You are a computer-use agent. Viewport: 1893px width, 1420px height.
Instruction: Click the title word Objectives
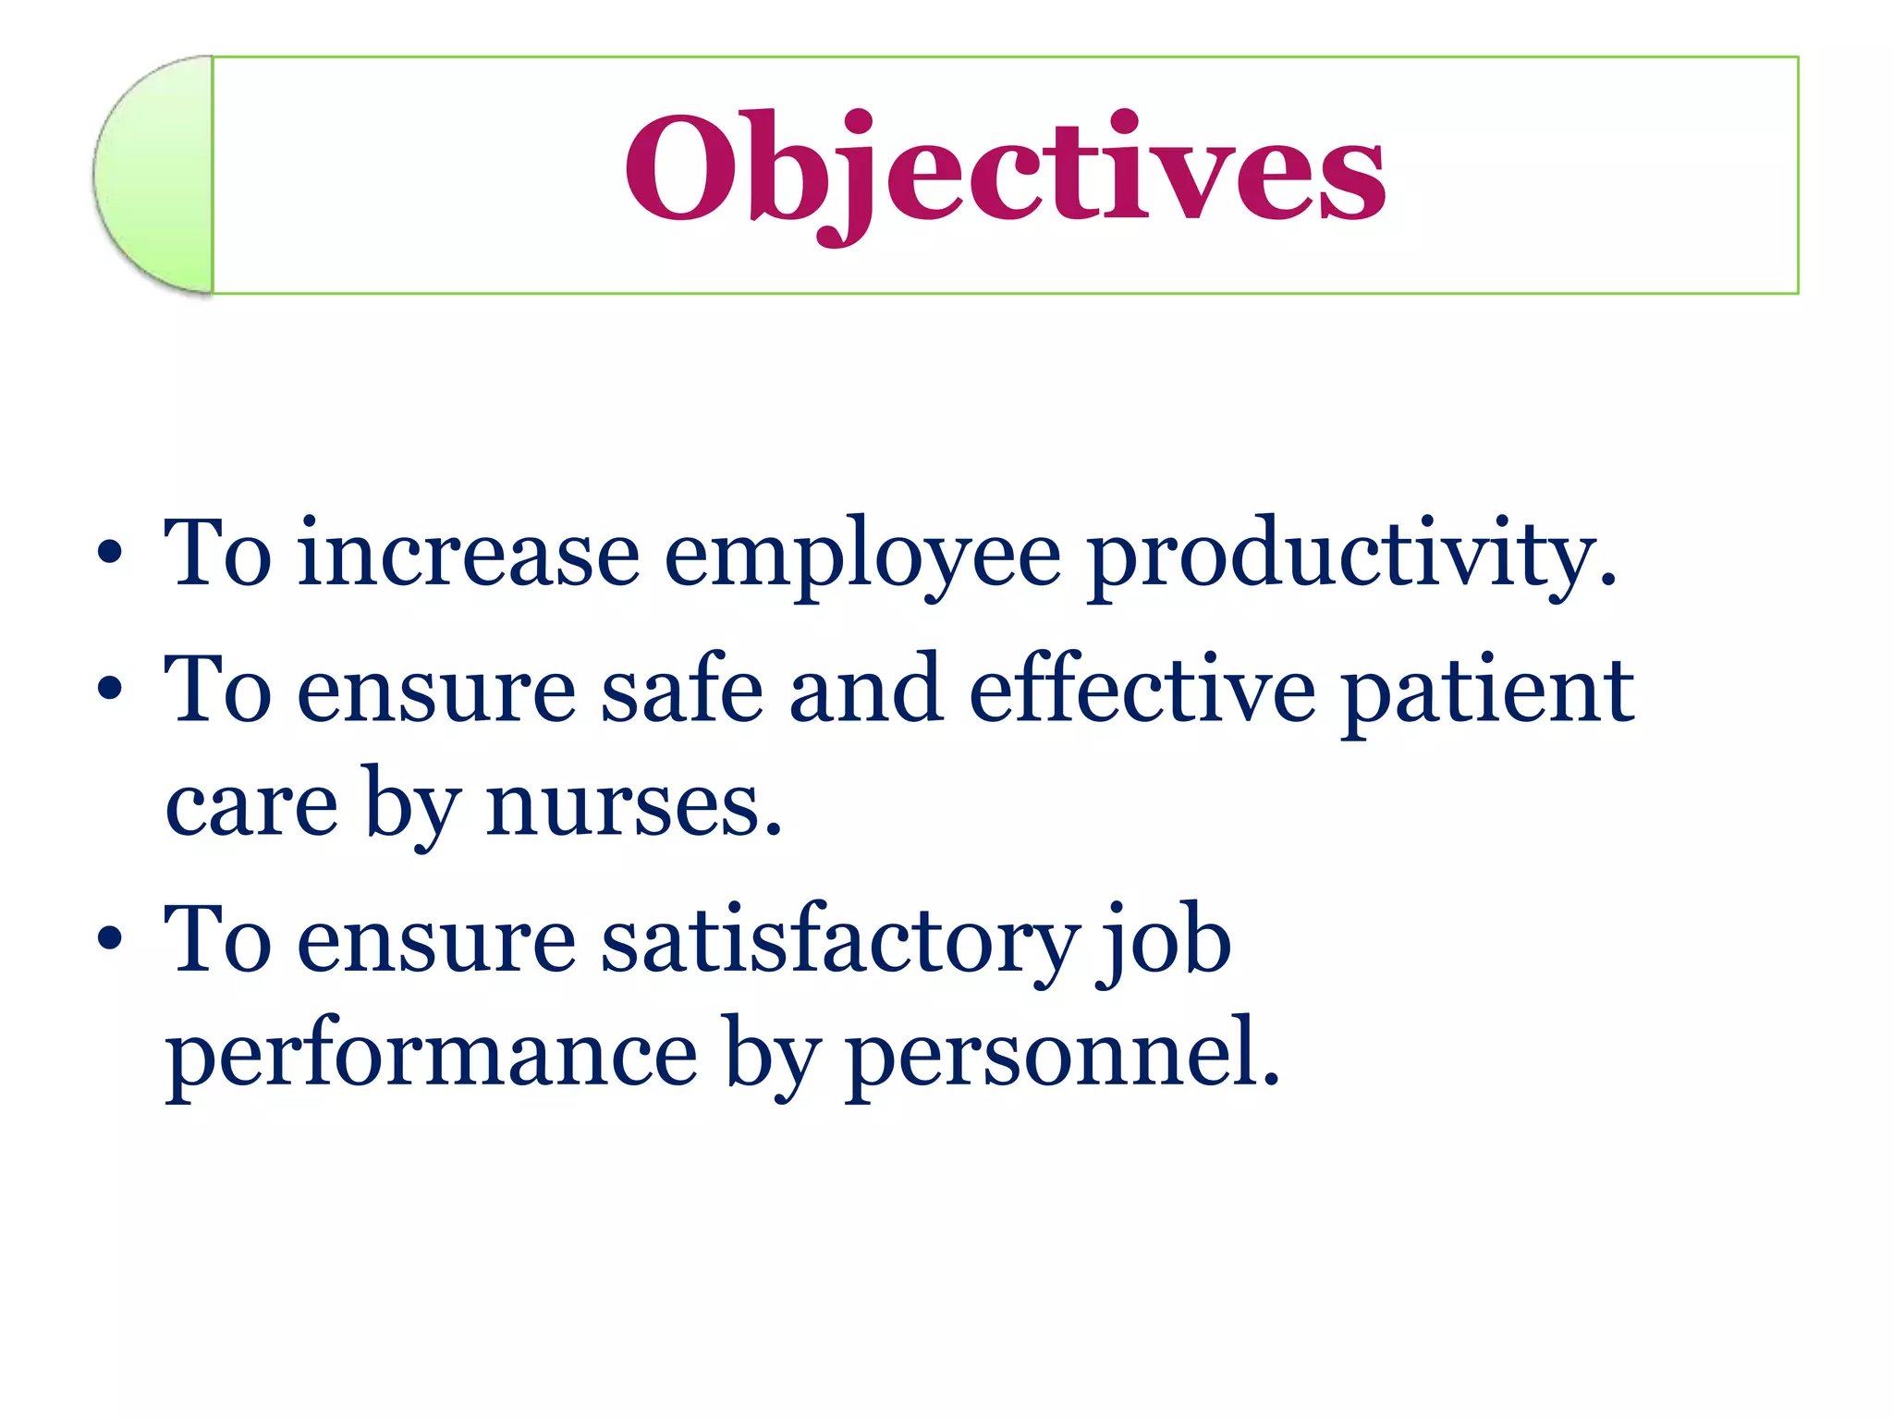[x=1005, y=171]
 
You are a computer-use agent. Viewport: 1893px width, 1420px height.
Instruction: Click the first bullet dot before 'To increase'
[x=109, y=553]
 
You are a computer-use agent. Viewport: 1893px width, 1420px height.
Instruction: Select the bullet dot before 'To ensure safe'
[x=109, y=689]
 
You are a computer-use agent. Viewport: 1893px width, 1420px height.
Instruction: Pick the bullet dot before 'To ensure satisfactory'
[x=109, y=939]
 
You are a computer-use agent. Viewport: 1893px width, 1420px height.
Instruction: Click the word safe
[x=682, y=690]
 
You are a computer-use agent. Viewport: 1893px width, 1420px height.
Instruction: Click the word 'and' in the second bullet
[x=866, y=690]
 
